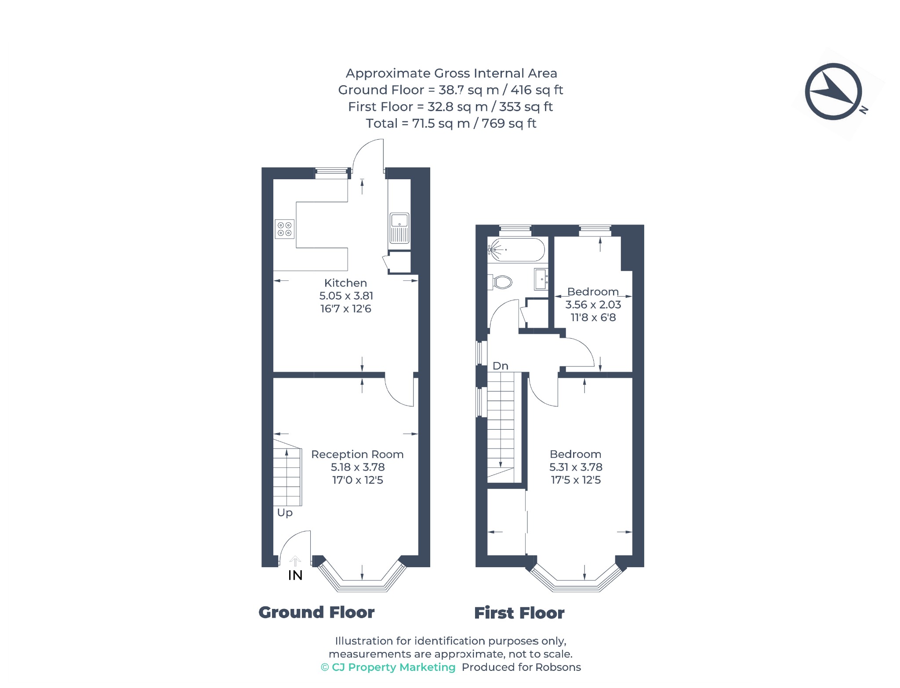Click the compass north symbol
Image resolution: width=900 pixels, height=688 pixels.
pyautogui.click(x=833, y=91)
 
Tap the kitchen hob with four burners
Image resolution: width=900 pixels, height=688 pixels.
pyautogui.click(x=284, y=229)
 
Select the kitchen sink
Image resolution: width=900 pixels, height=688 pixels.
pyautogui.click(x=399, y=228)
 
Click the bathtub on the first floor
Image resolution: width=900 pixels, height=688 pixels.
pyautogui.click(x=516, y=250)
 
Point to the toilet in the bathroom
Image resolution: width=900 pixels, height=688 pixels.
pyautogui.click(x=501, y=282)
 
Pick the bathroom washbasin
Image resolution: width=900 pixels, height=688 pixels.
pyautogui.click(x=541, y=279)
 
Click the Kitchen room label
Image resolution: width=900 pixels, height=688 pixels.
pyautogui.click(x=345, y=283)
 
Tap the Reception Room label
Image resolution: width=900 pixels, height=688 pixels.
pyautogui.click(x=357, y=454)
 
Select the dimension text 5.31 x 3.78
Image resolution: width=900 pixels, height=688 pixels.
pyautogui.click(x=576, y=467)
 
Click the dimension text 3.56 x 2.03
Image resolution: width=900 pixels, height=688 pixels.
pyautogui.click(x=593, y=304)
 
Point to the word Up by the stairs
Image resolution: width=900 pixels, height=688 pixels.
pyautogui.click(x=285, y=513)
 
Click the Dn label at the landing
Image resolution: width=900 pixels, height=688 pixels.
pyautogui.click(x=501, y=366)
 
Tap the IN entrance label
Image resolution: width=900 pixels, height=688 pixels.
pyautogui.click(x=295, y=576)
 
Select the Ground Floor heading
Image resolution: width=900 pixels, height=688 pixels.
pyautogui.click(x=316, y=612)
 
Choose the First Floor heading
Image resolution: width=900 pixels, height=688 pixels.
pyautogui.click(x=519, y=613)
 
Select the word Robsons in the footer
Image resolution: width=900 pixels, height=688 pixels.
pyautogui.click(x=561, y=667)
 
